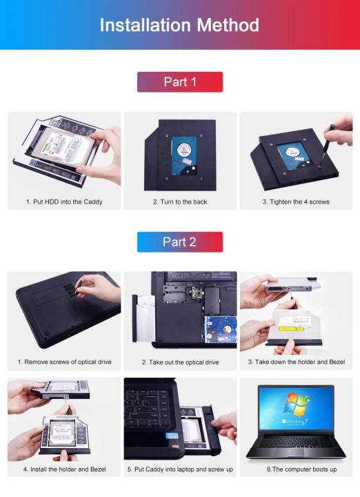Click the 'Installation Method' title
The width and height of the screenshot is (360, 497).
click(x=179, y=26)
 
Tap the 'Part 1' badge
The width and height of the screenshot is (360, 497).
click(x=179, y=81)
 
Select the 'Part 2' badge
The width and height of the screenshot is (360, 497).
click(x=179, y=242)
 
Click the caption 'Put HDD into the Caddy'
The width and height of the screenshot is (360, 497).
click(x=64, y=202)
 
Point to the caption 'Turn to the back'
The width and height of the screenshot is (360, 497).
click(x=179, y=202)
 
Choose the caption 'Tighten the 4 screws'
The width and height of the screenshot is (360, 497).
click(x=295, y=202)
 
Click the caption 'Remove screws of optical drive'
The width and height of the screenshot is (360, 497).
click(x=64, y=362)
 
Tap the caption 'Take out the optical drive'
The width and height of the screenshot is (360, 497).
click(x=180, y=362)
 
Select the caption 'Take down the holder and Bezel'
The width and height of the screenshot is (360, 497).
click(x=296, y=362)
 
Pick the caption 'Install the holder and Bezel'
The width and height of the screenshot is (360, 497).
click(x=64, y=469)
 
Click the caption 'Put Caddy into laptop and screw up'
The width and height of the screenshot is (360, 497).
click(x=180, y=469)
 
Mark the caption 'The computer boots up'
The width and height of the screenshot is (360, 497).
click(x=296, y=469)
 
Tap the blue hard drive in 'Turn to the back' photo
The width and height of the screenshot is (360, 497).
click(x=182, y=153)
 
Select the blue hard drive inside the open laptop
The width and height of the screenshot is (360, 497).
click(x=219, y=330)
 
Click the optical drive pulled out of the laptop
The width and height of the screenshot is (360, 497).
click(x=142, y=318)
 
